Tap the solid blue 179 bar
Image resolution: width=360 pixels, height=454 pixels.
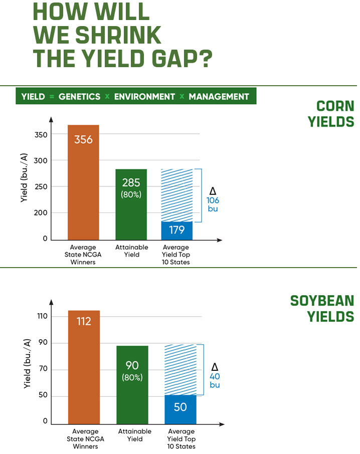(176, 231)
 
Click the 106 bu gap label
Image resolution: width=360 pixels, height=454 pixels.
(213, 200)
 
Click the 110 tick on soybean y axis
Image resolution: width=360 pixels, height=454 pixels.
(41, 316)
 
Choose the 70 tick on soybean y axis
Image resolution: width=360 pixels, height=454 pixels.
(43, 370)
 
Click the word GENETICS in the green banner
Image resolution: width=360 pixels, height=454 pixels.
(79, 96)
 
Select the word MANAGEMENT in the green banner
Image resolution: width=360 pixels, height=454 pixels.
(219, 96)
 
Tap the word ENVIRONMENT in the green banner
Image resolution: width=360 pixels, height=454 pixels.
(144, 96)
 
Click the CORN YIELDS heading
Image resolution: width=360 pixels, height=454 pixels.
(335, 114)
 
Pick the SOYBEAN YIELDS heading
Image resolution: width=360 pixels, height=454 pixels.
(322, 309)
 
